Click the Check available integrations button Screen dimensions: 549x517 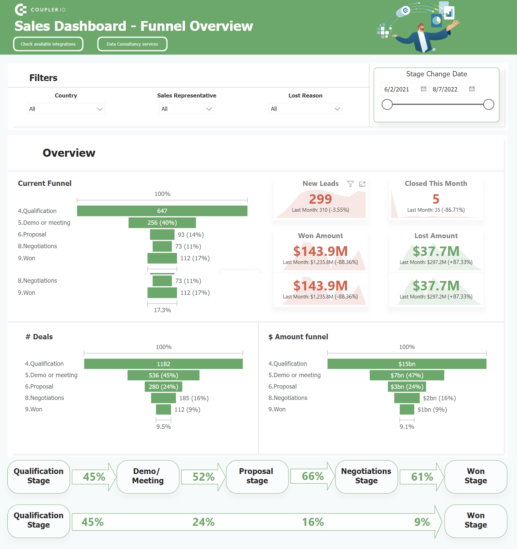(48, 44)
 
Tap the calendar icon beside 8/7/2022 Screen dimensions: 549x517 (471, 89)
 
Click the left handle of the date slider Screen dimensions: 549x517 (387, 105)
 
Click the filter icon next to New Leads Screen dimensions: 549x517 (350, 184)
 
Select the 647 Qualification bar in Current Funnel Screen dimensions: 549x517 (162, 211)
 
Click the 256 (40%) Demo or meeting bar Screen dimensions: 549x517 (162, 223)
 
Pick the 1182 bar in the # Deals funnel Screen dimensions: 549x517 (164, 364)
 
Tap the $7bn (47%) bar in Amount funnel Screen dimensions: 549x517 (407, 375)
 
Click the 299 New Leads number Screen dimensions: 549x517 (320, 199)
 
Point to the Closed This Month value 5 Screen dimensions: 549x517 (436, 199)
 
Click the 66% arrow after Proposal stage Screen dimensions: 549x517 (313, 476)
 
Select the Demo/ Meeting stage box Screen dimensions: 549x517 (148, 476)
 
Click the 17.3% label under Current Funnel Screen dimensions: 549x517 (162, 310)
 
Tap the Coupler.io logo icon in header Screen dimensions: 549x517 (21, 10)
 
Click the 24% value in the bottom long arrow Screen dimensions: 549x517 (203, 522)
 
